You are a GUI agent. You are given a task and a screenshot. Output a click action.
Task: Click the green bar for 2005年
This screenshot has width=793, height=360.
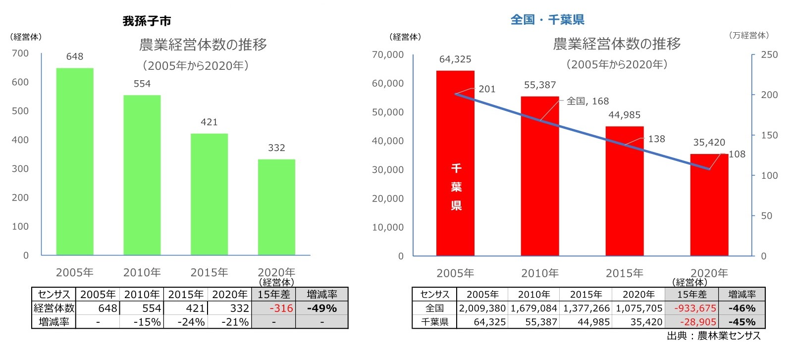(75, 161)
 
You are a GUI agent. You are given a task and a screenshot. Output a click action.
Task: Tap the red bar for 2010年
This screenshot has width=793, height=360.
(540, 176)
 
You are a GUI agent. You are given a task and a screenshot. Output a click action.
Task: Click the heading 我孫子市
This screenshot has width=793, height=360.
(147, 21)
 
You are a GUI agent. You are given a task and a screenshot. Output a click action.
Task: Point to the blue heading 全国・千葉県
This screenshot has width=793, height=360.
(547, 20)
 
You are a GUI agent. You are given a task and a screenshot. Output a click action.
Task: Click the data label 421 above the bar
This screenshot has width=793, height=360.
(209, 122)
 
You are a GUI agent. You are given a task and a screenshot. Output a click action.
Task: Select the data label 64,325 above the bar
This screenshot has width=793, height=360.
(455, 59)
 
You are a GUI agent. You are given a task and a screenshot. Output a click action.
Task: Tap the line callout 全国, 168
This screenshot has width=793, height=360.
(587, 101)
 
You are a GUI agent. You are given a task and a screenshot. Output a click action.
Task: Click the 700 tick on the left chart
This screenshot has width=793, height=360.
(20, 53)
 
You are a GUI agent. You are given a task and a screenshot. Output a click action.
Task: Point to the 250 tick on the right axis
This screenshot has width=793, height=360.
(769, 54)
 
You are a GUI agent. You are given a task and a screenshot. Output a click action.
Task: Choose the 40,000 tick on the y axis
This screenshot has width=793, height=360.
(388, 141)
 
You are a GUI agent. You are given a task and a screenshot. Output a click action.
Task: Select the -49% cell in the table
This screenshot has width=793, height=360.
(322, 308)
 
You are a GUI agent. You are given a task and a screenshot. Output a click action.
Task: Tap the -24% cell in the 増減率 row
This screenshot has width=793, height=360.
(191, 322)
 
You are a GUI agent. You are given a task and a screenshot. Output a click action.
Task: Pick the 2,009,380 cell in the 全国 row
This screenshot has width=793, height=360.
(482, 308)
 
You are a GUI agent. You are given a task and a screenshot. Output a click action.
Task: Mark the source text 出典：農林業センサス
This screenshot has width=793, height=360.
(713, 336)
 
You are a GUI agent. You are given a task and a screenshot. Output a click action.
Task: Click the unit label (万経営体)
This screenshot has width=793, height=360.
(748, 35)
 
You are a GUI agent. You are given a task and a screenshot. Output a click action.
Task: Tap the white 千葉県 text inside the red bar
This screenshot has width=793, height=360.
(456, 187)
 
